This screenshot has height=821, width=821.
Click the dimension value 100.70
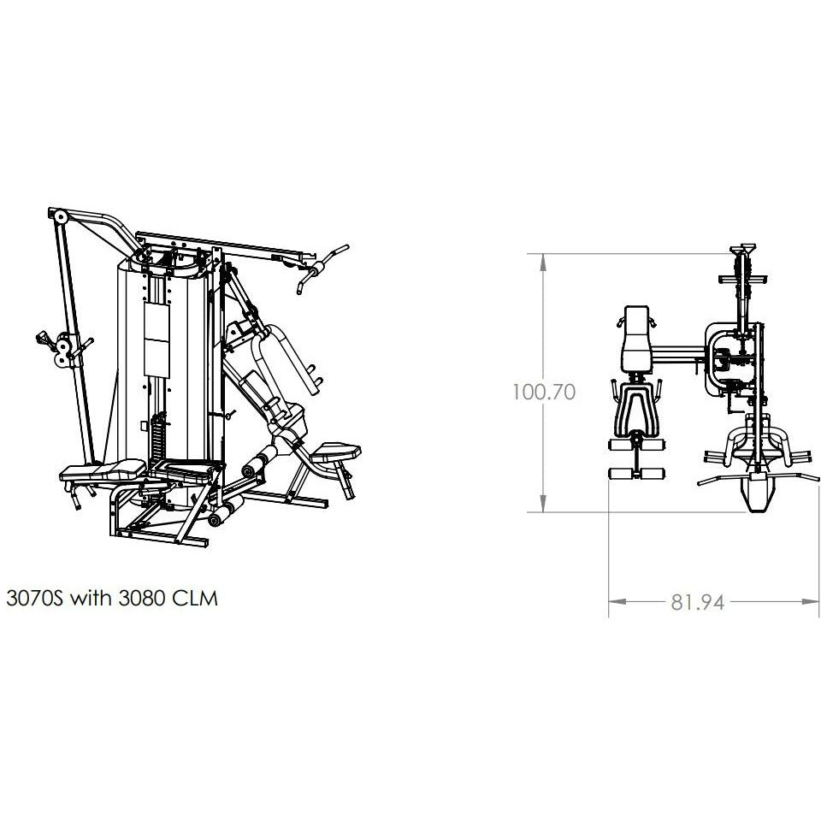click(544, 393)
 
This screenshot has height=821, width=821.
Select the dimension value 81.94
click(698, 603)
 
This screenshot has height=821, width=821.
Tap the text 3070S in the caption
click(34, 598)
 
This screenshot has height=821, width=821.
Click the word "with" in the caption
click(91, 598)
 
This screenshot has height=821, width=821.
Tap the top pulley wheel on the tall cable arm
click(61, 216)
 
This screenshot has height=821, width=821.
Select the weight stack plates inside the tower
click(157, 436)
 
